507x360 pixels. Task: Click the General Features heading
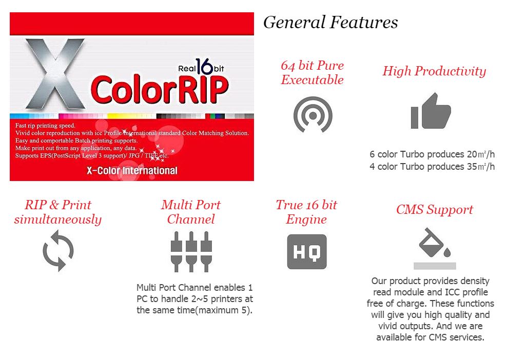coord(330,22)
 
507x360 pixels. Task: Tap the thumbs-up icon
coord(431,111)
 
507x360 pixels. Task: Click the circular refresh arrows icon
coord(58,251)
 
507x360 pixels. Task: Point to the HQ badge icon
coord(307,252)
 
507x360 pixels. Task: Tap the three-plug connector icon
coord(191,251)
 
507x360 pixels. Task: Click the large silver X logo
coord(55,74)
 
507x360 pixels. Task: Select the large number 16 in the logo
coord(204,66)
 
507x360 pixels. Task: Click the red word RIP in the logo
coord(203,90)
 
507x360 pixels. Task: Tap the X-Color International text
coord(132,171)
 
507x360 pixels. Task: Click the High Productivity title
coord(434,71)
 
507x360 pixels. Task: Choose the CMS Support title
coord(435,209)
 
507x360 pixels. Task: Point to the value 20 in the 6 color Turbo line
coord(472,154)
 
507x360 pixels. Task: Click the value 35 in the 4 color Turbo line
coord(472,167)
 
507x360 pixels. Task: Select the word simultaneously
coord(58,219)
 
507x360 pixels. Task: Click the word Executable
coord(312,79)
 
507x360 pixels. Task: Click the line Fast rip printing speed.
coord(45,126)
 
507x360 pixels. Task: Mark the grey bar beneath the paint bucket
coord(435,266)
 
